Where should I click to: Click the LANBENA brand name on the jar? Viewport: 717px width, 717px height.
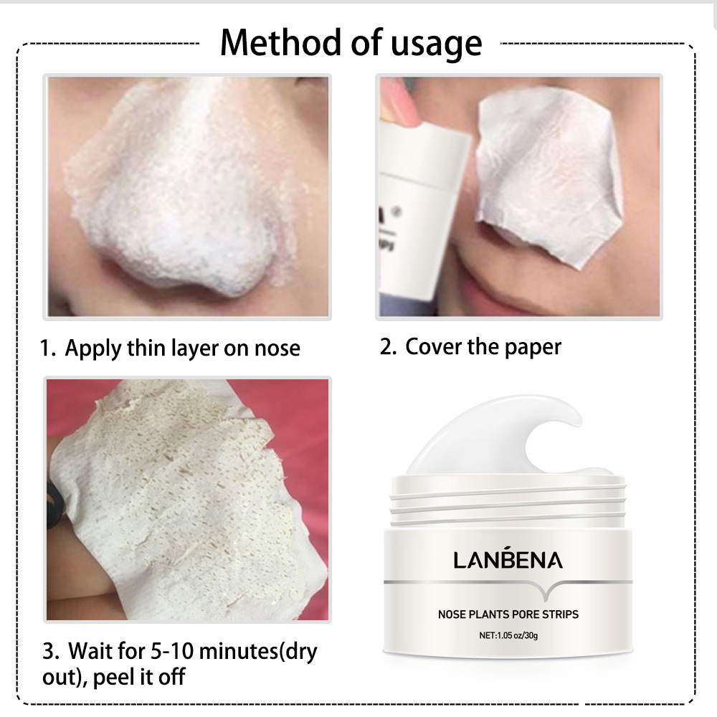pyautogui.click(x=508, y=559)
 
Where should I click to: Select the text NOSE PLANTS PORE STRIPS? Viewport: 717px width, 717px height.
pyautogui.click(x=508, y=614)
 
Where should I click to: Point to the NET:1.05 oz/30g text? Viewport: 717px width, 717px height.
pyautogui.click(x=508, y=635)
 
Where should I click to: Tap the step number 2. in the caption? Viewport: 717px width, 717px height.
pyautogui.click(x=388, y=347)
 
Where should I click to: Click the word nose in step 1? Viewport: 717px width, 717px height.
pyautogui.click(x=277, y=349)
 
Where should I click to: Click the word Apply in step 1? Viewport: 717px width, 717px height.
pyautogui.click(x=92, y=349)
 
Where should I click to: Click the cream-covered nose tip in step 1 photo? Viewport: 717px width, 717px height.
pyautogui.click(x=186, y=237)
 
